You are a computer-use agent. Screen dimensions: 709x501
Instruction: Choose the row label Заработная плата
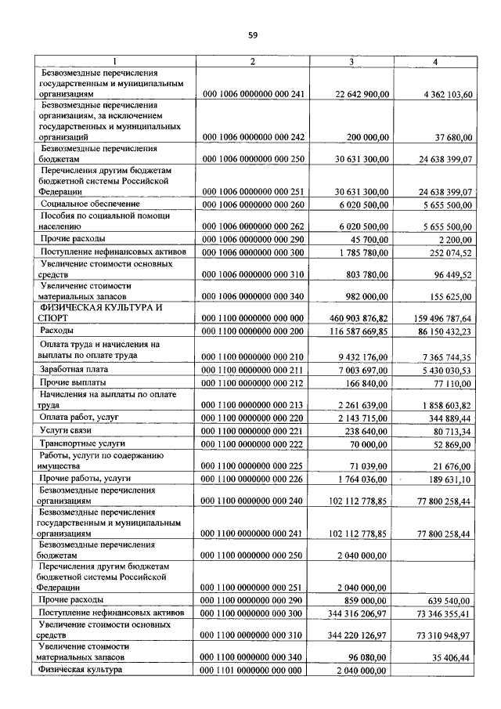75,368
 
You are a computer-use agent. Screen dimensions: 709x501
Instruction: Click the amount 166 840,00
369,382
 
